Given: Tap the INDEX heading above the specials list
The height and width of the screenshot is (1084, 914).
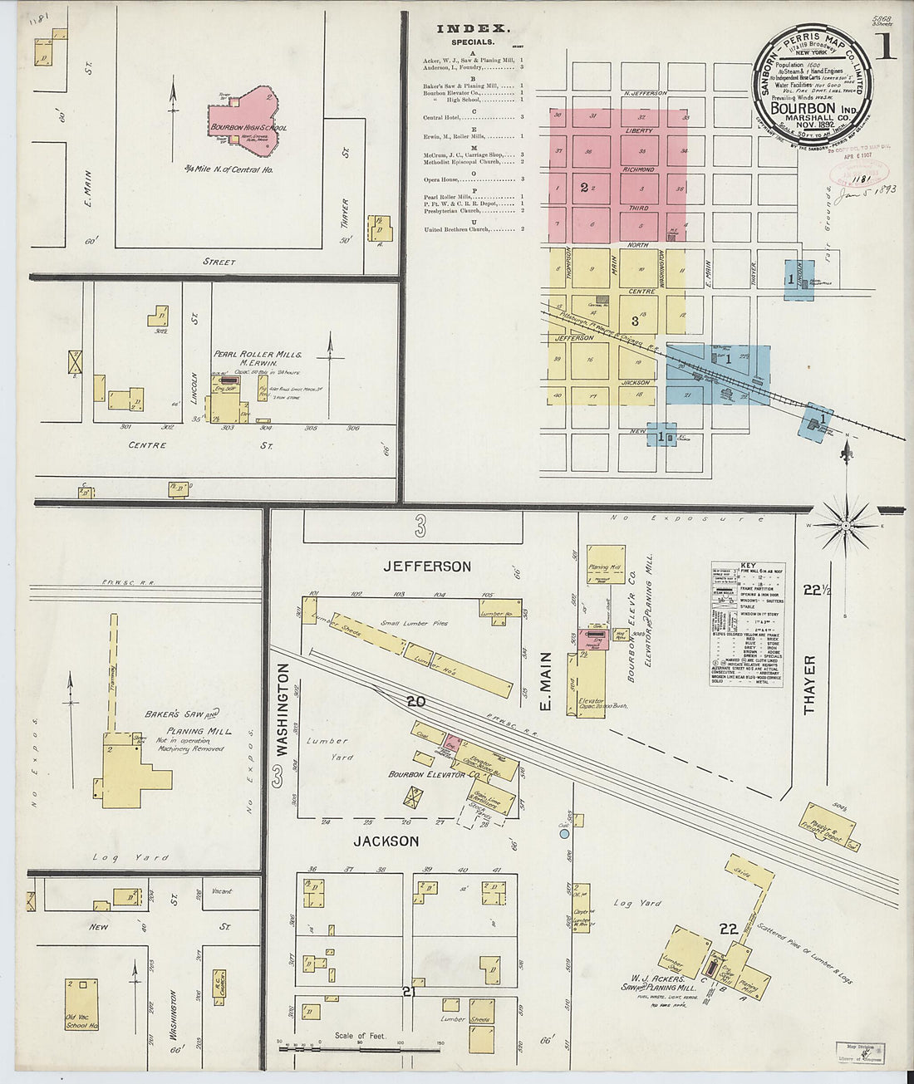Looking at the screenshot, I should point(474,29).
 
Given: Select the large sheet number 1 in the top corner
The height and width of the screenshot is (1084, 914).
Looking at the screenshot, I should point(886,46).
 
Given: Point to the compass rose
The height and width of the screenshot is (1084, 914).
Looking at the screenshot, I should point(846,524).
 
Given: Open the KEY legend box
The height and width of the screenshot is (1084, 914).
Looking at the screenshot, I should point(748,614).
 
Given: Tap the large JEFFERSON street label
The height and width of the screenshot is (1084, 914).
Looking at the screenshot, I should point(427,567).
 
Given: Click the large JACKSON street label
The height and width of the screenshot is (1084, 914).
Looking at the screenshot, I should point(386,841).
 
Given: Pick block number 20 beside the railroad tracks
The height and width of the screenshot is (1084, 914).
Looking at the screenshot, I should point(415,702).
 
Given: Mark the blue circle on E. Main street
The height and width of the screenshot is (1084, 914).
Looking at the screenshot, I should point(564,832).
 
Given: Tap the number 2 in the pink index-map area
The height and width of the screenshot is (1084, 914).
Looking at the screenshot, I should point(584,188).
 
